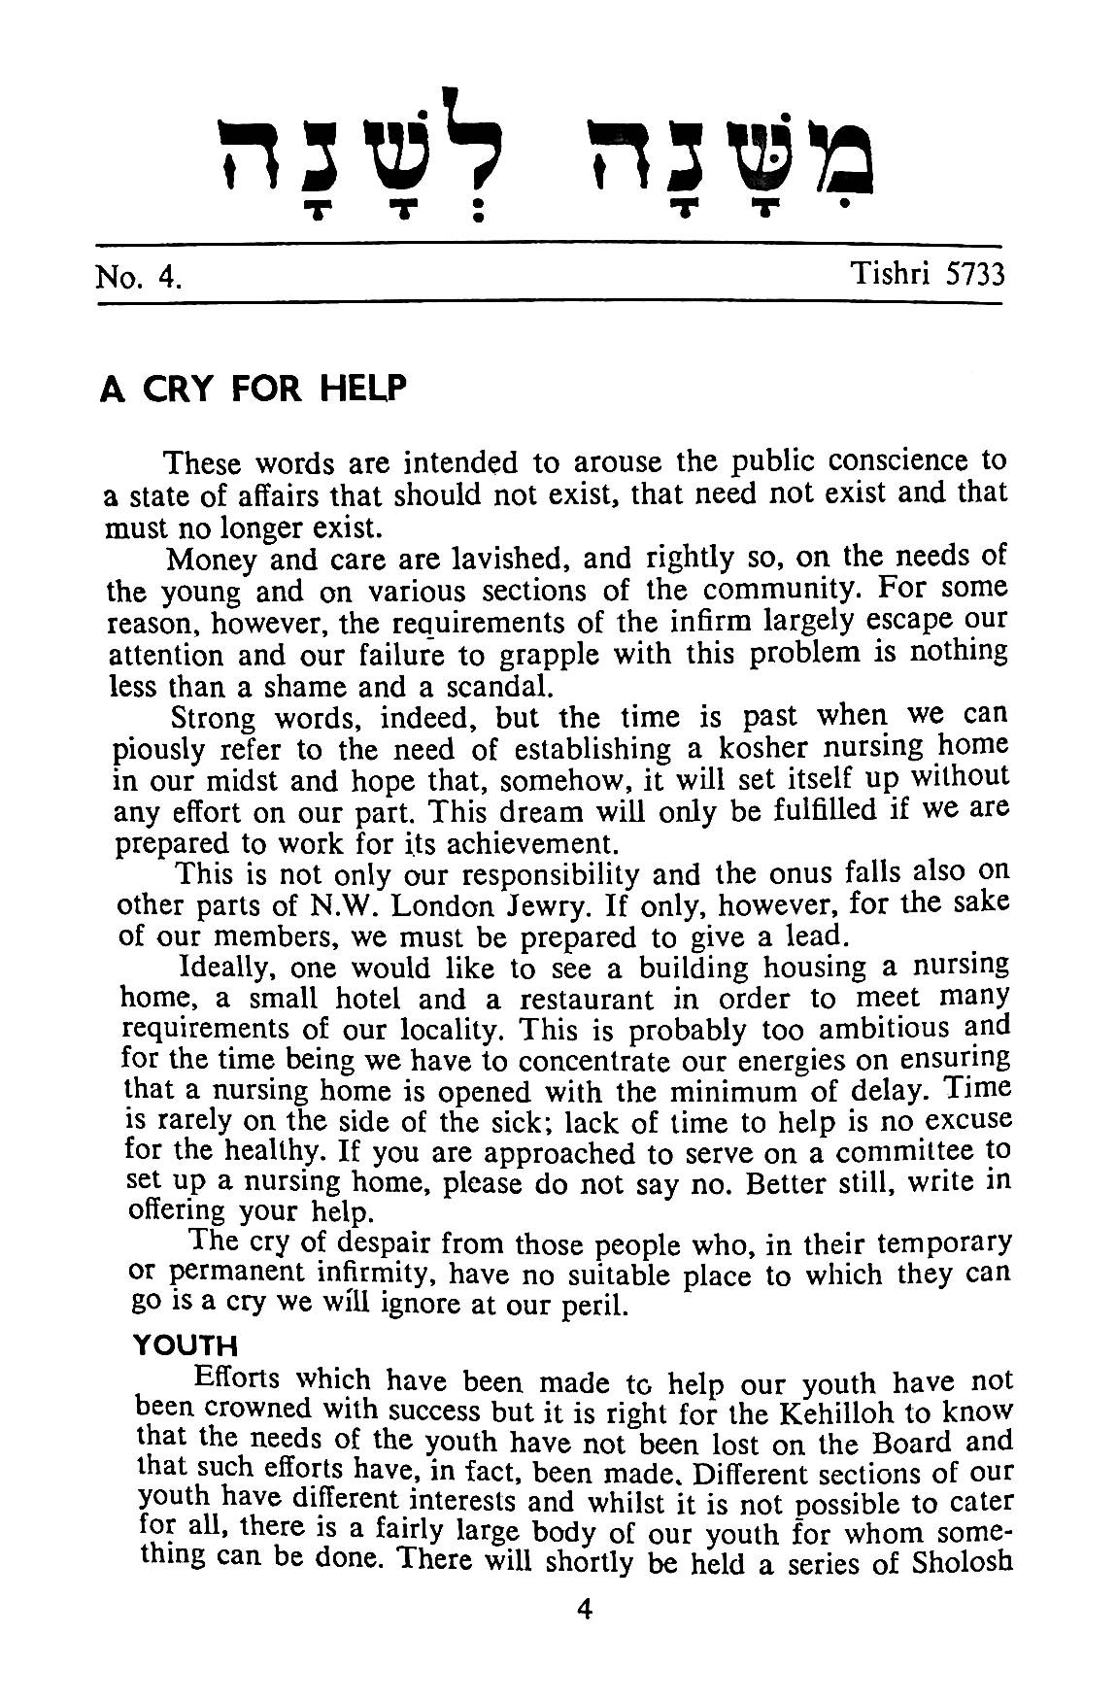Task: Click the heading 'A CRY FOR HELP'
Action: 252,390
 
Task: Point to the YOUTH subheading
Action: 186,1345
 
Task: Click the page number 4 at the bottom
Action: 584,1609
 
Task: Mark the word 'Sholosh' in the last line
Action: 958,1562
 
